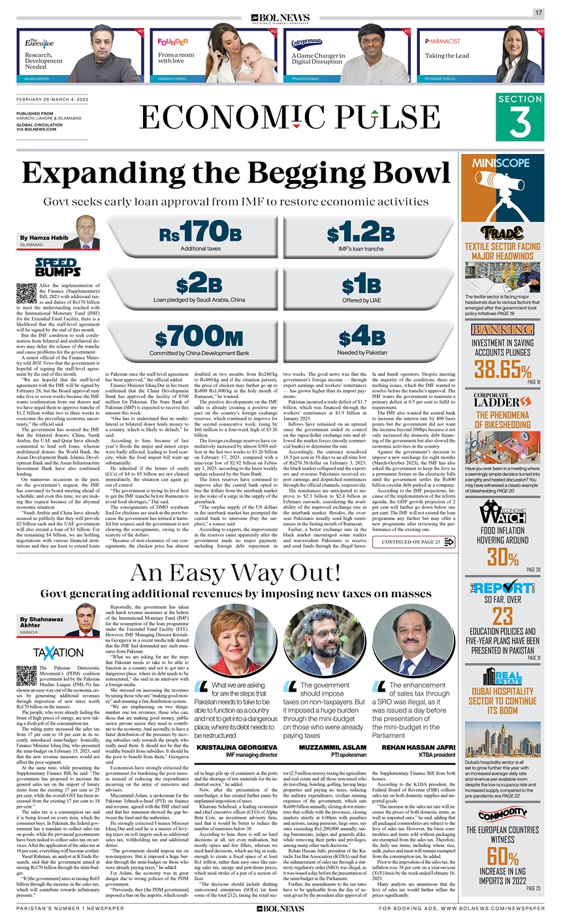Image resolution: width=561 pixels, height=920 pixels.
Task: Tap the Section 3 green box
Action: click(x=519, y=117)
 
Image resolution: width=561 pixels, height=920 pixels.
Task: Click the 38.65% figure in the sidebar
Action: click(x=503, y=371)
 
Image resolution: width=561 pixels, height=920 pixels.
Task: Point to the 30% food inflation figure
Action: click(x=503, y=557)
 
